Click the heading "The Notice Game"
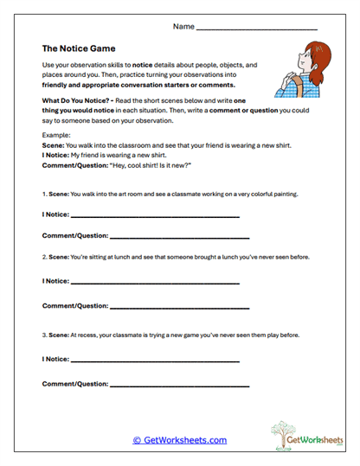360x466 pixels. (x=79, y=48)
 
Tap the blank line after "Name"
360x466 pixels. (x=257, y=29)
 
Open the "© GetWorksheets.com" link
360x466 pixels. (x=180, y=440)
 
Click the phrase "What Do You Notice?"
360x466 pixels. (x=75, y=101)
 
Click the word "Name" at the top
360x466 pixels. (x=183, y=27)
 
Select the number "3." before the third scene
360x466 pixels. (x=44, y=335)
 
